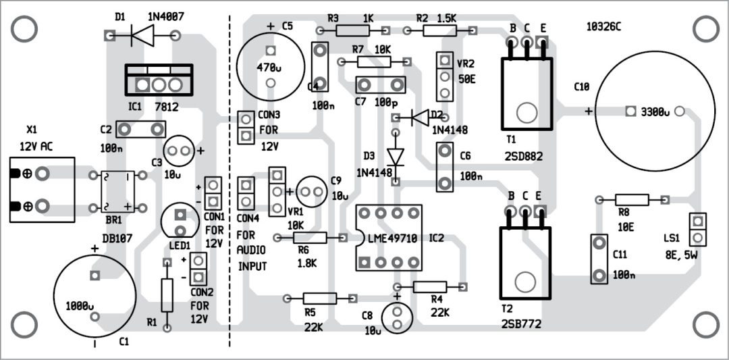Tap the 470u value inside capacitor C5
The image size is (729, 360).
click(x=270, y=67)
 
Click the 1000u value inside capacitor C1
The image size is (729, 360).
click(x=79, y=305)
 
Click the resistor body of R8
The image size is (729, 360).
click(x=632, y=199)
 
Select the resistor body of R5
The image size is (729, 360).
click(x=320, y=298)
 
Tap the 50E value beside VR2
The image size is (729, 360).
click(x=466, y=80)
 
